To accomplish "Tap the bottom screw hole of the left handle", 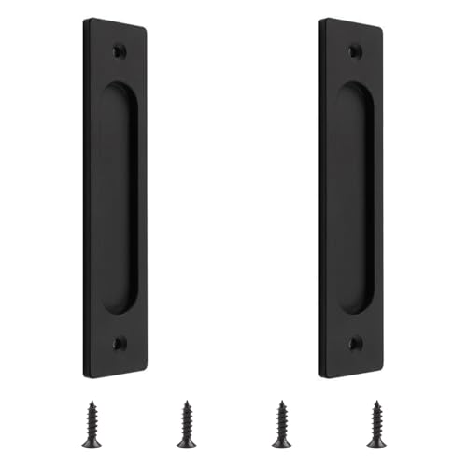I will click(119, 344).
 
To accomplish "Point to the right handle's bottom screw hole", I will click(355, 344).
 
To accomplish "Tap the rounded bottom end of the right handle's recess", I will click(355, 308).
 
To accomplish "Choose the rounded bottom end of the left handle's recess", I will click(119, 308).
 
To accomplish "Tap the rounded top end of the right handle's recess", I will click(356, 90).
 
